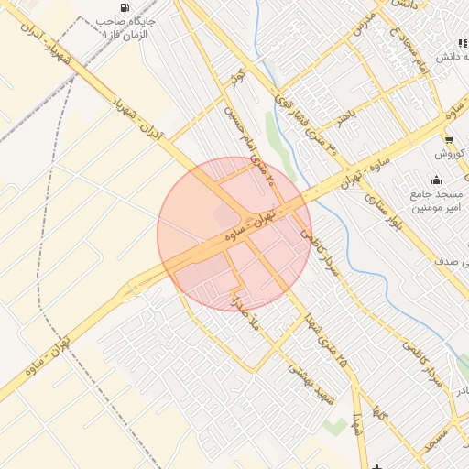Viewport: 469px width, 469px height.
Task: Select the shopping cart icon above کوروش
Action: (x=448, y=140)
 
